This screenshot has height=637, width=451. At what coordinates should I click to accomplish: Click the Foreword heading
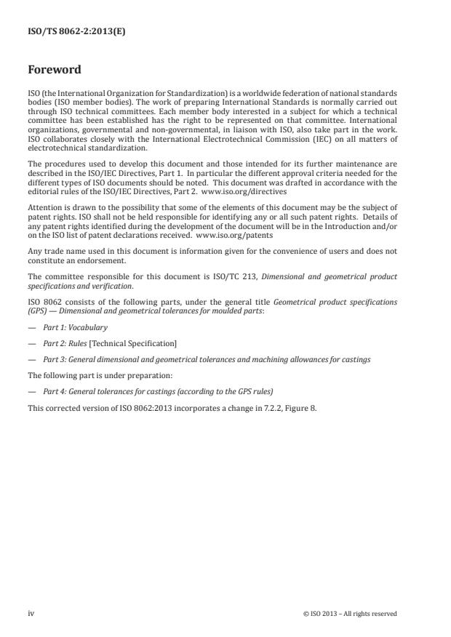pyautogui.click(x=55, y=71)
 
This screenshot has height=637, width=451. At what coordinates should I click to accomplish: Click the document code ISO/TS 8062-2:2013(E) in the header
pyautogui.click(x=68, y=32)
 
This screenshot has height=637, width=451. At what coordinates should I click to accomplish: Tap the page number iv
pyautogui.click(x=31, y=613)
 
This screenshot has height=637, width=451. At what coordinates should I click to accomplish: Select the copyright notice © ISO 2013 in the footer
pyautogui.click(x=350, y=613)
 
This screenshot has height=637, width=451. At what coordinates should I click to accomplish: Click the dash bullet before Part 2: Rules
pyautogui.click(x=32, y=342)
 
